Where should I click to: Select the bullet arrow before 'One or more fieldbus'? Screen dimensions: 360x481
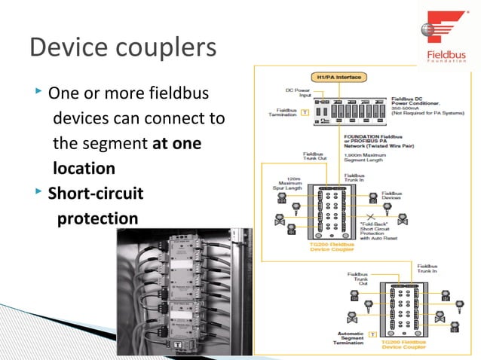(39, 93)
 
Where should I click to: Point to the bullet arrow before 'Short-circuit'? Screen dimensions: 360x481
(39, 193)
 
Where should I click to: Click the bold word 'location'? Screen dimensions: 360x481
(84, 168)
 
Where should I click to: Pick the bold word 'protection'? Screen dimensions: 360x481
(97, 218)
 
